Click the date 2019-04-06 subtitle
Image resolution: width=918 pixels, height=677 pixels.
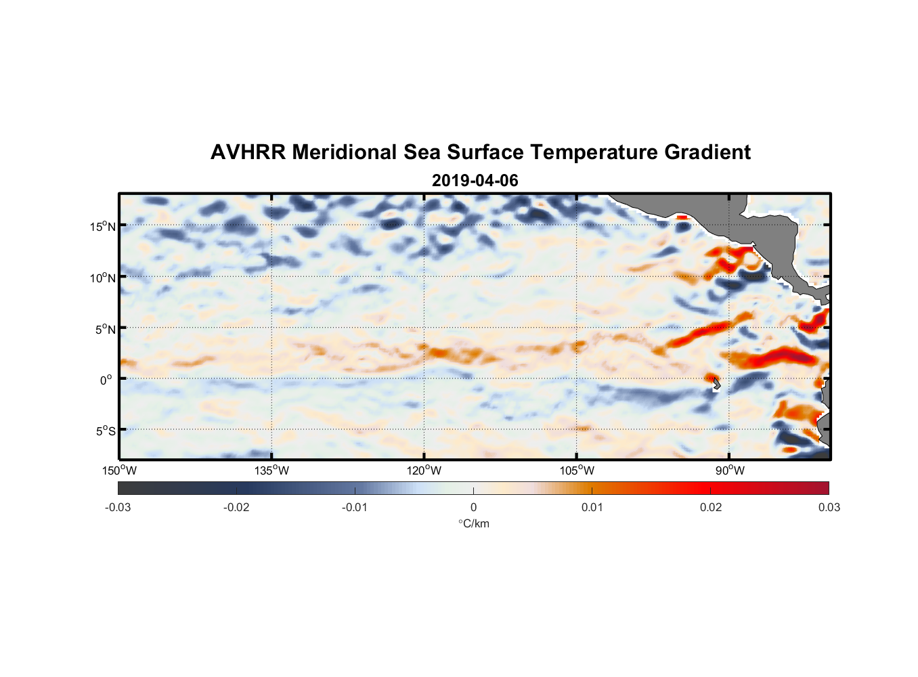pyautogui.click(x=475, y=181)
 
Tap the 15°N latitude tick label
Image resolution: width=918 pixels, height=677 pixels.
pyautogui.click(x=103, y=227)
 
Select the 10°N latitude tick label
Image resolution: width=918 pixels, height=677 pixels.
pyautogui.click(x=103, y=278)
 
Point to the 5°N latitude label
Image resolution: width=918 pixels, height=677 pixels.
pyautogui.click(x=105, y=329)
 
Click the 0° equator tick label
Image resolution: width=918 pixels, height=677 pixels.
pyautogui.click(x=106, y=380)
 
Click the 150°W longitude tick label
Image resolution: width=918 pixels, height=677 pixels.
pyautogui.click(x=120, y=471)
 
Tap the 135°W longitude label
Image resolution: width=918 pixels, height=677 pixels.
pyautogui.click(x=272, y=471)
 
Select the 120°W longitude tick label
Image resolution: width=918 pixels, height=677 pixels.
pyautogui.click(x=424, y=471)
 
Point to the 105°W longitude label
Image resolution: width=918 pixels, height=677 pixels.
pyautogui.click(x=577, y=471)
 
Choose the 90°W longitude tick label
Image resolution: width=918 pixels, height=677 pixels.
pyautogui.click(x=730, y=471)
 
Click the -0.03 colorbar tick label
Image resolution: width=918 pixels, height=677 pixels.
pyautogui.click(x=118, y=507)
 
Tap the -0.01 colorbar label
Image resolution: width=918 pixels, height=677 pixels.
pyautogui.click(x=355, y=507)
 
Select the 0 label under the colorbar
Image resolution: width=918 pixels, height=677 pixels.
pyautogui.click(x=473, y=507)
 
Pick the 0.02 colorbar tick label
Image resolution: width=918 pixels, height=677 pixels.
pyautogui.click(x=711, y=507)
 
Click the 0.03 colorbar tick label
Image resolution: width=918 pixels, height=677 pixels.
pyautogui.click(x=829, y=507)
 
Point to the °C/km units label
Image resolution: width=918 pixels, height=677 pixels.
pyautogui.click(x=474, y=523)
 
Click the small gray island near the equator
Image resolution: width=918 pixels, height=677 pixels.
pyautogui.click(x=716, y=385)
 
